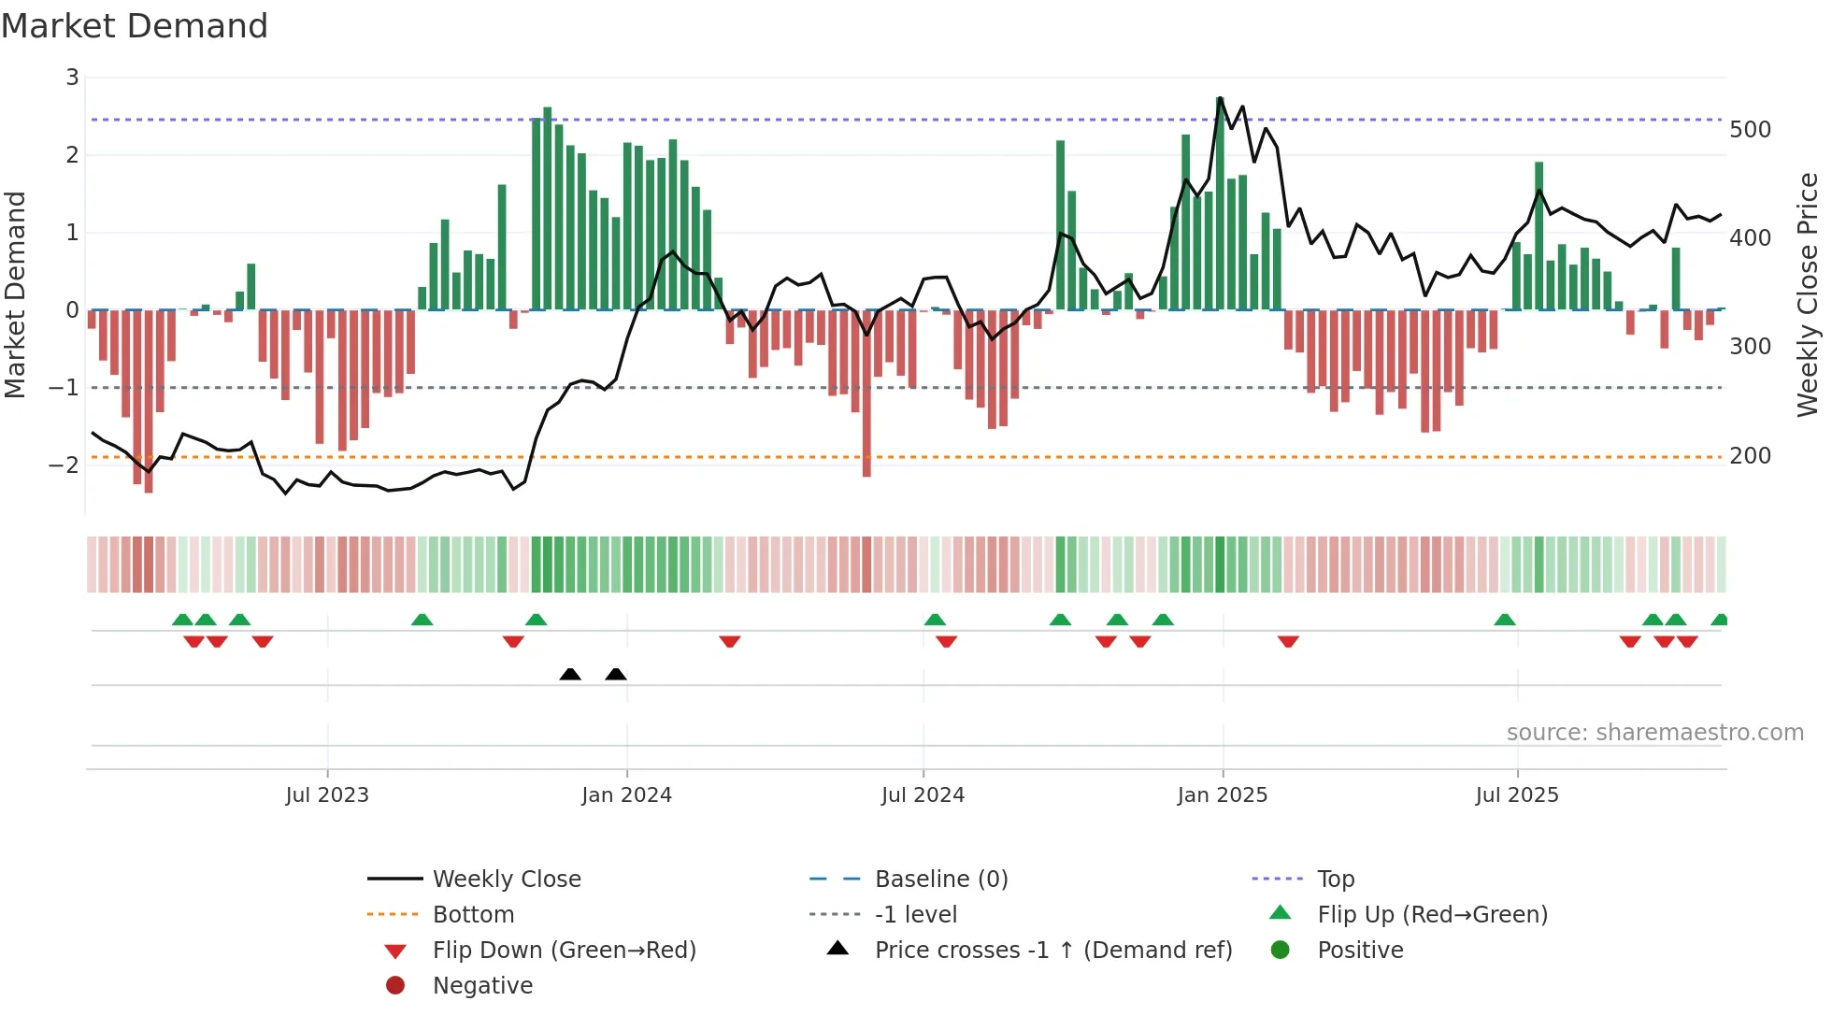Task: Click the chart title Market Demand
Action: (135, 26)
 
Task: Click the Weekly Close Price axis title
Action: (1808, 294)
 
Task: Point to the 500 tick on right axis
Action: (1750, 130)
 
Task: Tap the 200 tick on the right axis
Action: (1750, 456)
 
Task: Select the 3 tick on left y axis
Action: (72, 78)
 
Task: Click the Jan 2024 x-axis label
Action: (626, 795)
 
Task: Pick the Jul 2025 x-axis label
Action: (1517, 795)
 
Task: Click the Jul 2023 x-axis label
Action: (327, 795)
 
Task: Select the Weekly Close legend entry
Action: (506, 880)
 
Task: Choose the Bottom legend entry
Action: (473, 915)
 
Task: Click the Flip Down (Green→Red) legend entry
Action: (564, 951)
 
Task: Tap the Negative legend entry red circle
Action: (395, 986)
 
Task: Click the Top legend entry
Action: (1335, 880)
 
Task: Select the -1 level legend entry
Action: (915, 915)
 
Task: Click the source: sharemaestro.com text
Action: (1654, 733)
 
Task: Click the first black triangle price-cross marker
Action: (570, 674)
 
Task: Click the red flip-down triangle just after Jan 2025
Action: (1288, 641)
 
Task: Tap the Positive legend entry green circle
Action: (1281, 951)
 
